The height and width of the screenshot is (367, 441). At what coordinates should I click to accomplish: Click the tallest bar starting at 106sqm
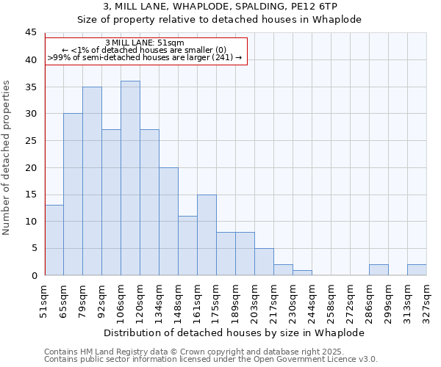[x=130, y=178]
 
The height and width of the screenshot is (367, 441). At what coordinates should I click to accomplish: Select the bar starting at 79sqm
[x=92, y=181]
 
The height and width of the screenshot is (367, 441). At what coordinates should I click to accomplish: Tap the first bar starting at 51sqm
[x=54, y=240]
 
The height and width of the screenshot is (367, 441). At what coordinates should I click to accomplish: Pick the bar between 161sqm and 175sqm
[x=207, y=235]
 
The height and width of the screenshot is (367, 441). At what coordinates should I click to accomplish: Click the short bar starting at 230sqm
[x=302, y=272]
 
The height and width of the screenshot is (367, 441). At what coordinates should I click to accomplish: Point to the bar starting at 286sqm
[x=379, y=270]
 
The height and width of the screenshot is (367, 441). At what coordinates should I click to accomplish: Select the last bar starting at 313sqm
[x=417, y=270]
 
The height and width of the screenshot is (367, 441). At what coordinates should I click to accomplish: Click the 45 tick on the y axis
[x=31, y=33]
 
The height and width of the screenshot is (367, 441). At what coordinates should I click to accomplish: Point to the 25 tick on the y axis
[x=31, y=141]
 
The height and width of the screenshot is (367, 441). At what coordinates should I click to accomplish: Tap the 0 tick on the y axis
[x=34, y=275]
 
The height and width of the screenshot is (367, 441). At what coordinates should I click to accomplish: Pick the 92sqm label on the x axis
[x=102, y=297]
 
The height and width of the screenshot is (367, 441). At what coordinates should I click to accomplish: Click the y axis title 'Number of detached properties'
[x=8, y=159]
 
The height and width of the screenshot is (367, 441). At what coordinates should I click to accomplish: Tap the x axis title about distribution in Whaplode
[x=234, y=333]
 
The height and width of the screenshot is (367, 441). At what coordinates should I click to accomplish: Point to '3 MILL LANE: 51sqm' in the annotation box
[x=145, y=43]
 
